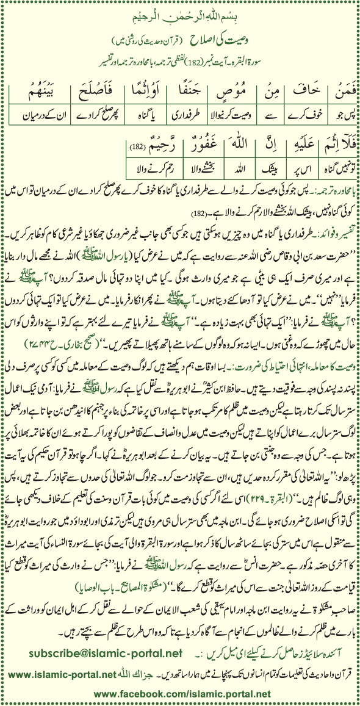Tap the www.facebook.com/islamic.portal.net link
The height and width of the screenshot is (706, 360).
click(x=183, y=694)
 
